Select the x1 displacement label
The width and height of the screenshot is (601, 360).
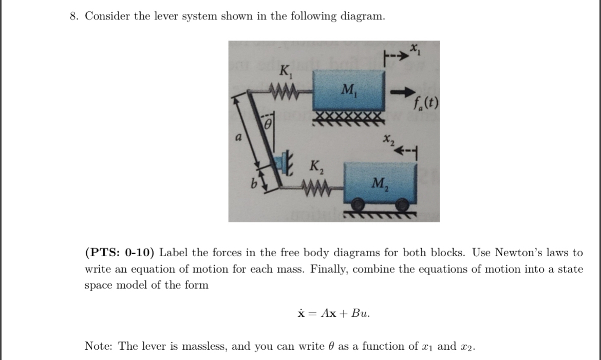[x=415, y=50]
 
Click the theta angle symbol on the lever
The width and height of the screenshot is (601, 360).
[x=268, y=123]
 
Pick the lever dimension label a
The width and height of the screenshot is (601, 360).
[x=238, y=138]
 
